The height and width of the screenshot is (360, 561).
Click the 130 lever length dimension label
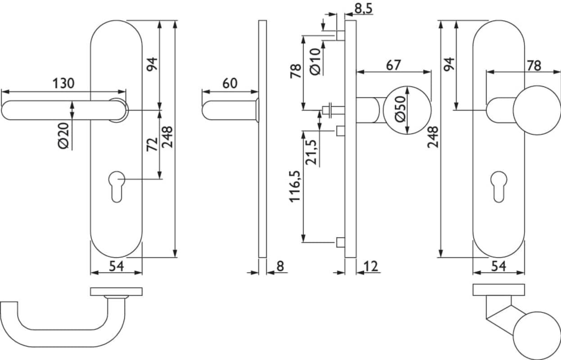coord(63,83)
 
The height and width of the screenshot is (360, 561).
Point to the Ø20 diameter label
coord(63,136)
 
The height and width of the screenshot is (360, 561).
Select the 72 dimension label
coord(152,144)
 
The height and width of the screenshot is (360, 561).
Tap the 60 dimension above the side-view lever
coord(230,83)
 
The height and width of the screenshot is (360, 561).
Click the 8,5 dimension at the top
coord(363,9)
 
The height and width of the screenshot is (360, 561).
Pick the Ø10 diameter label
coord(315,62)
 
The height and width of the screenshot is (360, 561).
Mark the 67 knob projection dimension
coord(394,65)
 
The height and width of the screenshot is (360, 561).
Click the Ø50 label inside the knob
coord(400,109)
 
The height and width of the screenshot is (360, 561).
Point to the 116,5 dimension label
coord(295,186)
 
